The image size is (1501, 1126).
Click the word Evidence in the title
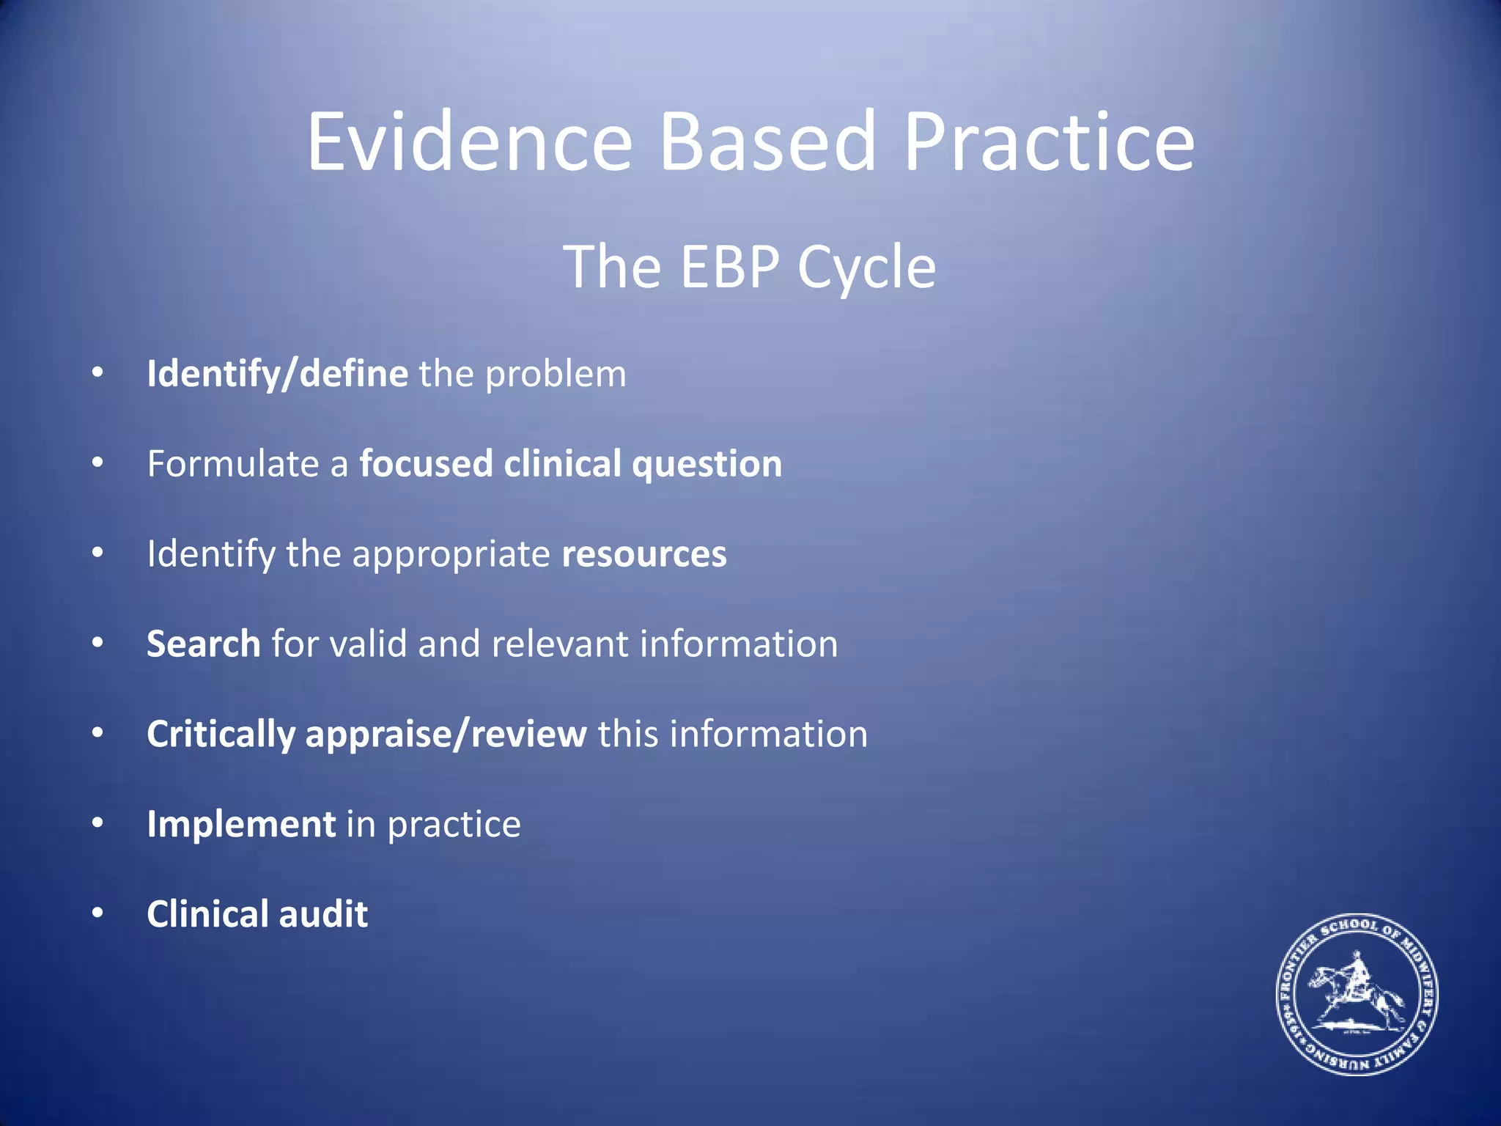point(469,141)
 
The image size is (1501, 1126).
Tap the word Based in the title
point(767,141)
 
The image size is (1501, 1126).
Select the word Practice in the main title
point(1049,141)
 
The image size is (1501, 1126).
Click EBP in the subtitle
point(729,267)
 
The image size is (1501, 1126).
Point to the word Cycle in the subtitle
point(866,268)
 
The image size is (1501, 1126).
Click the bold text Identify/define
point(277,374)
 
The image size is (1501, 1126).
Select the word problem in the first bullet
point(556,375)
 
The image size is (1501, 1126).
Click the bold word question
point(707,465)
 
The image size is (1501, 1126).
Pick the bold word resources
point(644,554)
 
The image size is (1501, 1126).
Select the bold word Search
point(204,644)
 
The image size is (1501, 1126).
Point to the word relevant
point(559,644)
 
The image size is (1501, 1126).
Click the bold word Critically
point(221,735)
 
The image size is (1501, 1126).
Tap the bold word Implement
point(241,824)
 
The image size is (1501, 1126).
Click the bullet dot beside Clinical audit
point(97,913)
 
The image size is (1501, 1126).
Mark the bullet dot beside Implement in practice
point(97,823)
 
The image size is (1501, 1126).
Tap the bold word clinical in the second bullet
point(563,464)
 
